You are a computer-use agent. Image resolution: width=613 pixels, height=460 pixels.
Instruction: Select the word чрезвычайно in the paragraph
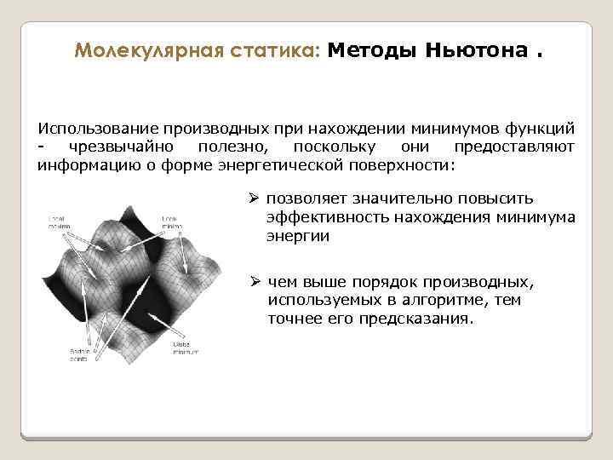point(106,147)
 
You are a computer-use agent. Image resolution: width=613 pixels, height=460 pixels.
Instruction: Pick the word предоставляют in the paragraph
point(525,147)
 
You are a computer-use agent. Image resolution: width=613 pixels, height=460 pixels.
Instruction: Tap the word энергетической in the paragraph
point(284,164)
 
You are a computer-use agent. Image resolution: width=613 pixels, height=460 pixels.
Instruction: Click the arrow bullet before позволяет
point(253,198)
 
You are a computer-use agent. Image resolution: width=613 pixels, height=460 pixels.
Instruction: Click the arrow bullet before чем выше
point(254,282)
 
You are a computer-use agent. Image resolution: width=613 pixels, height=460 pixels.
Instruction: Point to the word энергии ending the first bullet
point(297,236)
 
